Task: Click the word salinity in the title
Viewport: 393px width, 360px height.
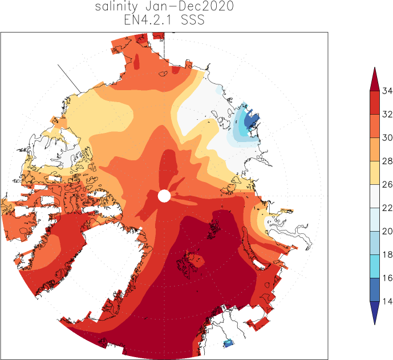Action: [116, 6]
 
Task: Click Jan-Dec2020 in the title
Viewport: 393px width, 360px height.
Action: [189, 6]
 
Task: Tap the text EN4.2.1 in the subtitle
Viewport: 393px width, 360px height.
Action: [148, 20]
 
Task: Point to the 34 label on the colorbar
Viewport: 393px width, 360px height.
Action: [387, 91]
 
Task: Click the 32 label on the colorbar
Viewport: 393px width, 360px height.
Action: [387, 114]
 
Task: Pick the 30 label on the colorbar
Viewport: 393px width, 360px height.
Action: [387, 137]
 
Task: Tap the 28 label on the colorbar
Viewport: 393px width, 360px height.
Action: [387, 161]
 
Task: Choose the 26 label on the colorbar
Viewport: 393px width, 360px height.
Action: [387, 184]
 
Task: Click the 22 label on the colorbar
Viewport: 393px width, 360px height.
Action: [387, 208]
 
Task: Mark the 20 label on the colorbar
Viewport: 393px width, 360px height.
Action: [387, 231]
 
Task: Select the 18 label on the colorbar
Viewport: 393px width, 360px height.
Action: [387, 254]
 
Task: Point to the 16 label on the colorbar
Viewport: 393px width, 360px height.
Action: [387, 278]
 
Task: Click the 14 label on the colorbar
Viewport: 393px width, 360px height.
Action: [387, 301]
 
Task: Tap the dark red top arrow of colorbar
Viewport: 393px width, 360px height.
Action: [375, 82]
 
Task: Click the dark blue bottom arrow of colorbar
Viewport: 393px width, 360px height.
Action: [375, 311]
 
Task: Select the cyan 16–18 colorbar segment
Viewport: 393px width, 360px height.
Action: [375, 266]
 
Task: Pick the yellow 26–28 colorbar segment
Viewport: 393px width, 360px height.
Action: [375, 173]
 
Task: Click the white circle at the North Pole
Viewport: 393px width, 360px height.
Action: [164, 196]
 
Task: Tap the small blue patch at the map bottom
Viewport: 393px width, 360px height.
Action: [229, 343]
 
